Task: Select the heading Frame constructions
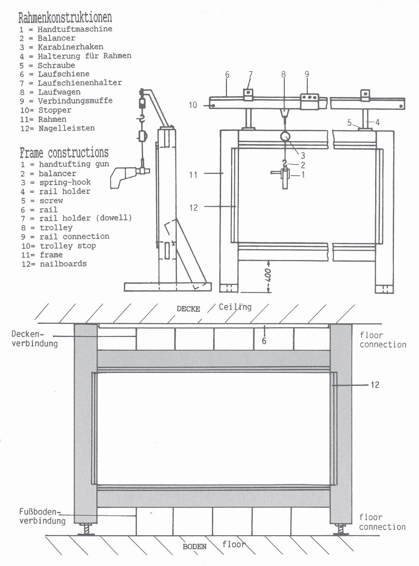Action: pyautogui.click(x=64, y=153)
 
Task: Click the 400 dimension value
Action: pyautogui.click(x=268, y=276)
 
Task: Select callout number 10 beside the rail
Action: pyautogui.click(x=193, y=105)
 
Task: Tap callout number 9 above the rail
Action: pyautogui.click(x=307, y=74)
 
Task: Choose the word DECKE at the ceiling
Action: pyautogui.click(x=188, y=309)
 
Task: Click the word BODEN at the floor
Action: pyautogui.click(x=194, y=547)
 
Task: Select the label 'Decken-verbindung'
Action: pyautogui.click(x=34, y=338)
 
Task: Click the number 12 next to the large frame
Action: pyautogui.click(x=374, y=385)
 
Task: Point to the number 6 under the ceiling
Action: pyautogui.click(x=264, y=341)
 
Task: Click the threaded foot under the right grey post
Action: pyautogui.click(x=340, y=530)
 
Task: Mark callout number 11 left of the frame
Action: pyautogui.click(x=193, y=174)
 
